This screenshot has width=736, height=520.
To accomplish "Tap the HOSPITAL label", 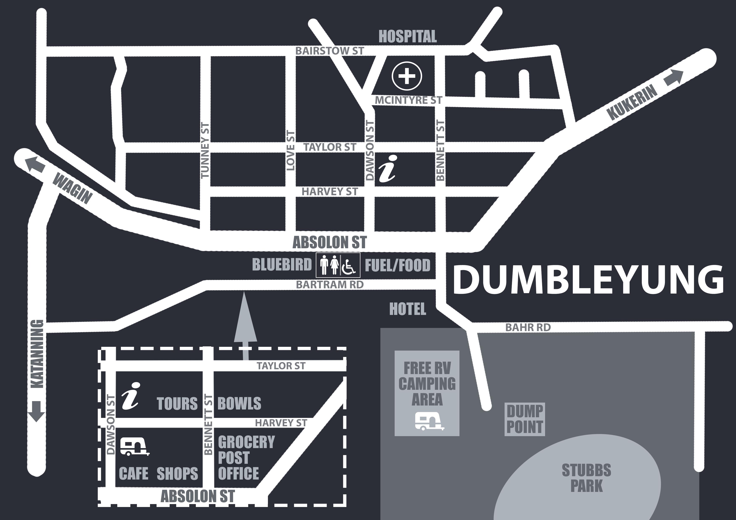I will tap(407, 36).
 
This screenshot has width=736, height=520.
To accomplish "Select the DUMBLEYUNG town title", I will tap(588, 279).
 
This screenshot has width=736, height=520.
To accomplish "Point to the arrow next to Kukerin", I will tap(673, 78).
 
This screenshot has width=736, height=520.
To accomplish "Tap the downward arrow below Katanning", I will tap(36, 411).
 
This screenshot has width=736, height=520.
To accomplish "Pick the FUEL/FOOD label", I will tap(398, 265).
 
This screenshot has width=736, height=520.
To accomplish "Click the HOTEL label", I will tap(407, 309).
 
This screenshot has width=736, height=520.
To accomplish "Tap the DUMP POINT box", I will tap(525, 419).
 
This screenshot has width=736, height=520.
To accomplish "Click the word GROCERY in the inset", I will tap(246, 442).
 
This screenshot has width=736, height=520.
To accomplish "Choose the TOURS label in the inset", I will tap(177, 403).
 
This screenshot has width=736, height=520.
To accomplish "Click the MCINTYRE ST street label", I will tap(408, 100).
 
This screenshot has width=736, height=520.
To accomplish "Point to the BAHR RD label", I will tap(528, 328).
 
